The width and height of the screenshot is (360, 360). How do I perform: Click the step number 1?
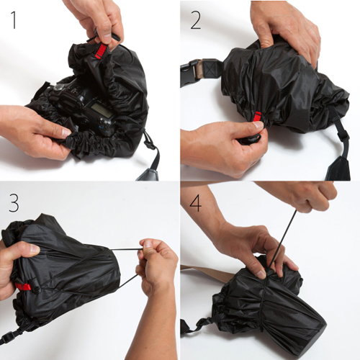click(x=14, y=20)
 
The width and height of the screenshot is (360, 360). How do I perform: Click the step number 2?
click(x=196, y=20)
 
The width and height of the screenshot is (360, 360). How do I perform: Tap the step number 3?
click(x=14, y=203)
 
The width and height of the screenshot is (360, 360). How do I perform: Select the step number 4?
click(x=195, y=203)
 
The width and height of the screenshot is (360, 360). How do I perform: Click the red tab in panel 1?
click(x=101, y=51)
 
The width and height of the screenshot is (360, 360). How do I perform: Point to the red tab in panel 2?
click(x=258, y=117)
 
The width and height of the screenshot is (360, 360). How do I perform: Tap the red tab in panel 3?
click(x=23, y=287)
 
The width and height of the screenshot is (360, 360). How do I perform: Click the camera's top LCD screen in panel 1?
click(x=102, y=111)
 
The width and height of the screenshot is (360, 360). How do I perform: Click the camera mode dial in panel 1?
click(x=58, y=86)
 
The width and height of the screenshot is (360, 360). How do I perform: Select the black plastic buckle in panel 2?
click(x=189, y=73)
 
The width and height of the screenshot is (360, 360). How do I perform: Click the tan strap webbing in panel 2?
click(x=201, y=70)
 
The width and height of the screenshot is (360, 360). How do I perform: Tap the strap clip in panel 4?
click(x=201, y=323)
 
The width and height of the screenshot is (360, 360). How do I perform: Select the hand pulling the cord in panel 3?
click(x=156, y=266)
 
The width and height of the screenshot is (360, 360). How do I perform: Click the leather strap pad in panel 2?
click(x=338, y=168)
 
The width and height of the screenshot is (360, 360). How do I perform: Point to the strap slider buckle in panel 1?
click(x=149, y=143)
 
